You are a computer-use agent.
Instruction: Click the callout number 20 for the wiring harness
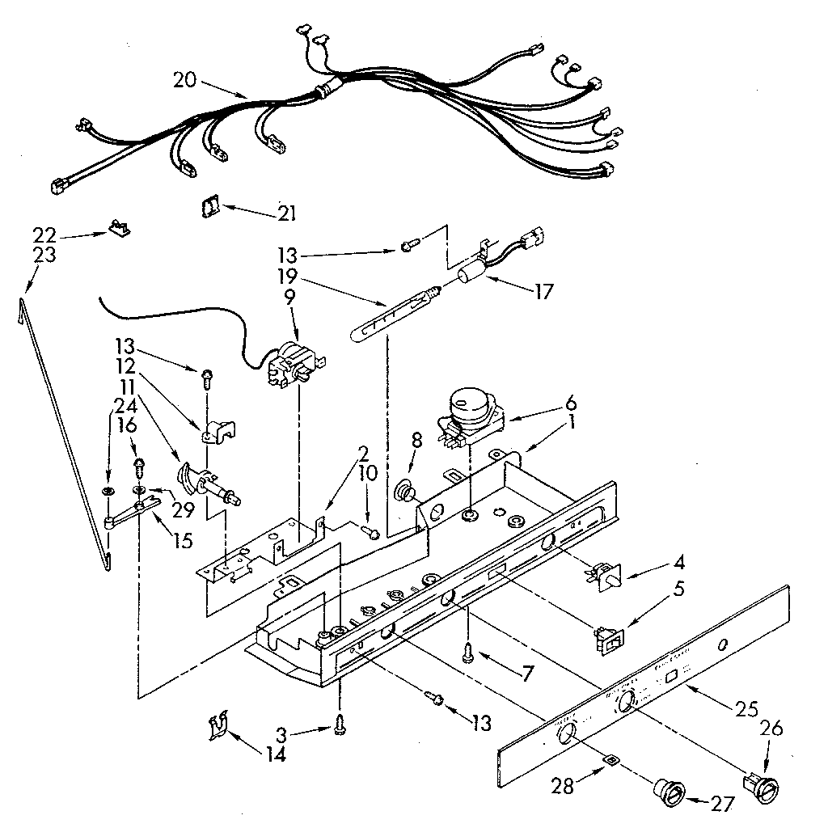(184, 79)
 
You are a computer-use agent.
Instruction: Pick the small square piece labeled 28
(612, 761)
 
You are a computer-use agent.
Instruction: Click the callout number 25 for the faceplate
(748, 711)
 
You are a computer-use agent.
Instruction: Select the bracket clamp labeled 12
(216, 432)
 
